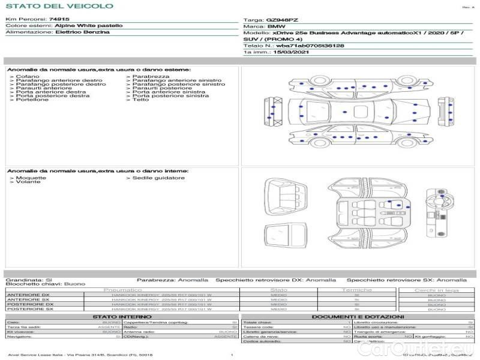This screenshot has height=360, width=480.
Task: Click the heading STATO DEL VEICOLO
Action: (x=59, y=6)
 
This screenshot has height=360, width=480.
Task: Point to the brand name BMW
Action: (x=276, y=27)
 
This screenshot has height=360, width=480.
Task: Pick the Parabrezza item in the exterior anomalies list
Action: (x=151, y=77)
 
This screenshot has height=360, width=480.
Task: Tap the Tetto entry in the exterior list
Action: (x=140, y=100)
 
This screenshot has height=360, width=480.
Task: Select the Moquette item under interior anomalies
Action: (x=31, y=178)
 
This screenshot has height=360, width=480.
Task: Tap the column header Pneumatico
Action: (x=122, y=290)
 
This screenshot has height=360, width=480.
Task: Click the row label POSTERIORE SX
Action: (x=29, y=310)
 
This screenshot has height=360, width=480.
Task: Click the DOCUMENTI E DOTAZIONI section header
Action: (x=358, y=316)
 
